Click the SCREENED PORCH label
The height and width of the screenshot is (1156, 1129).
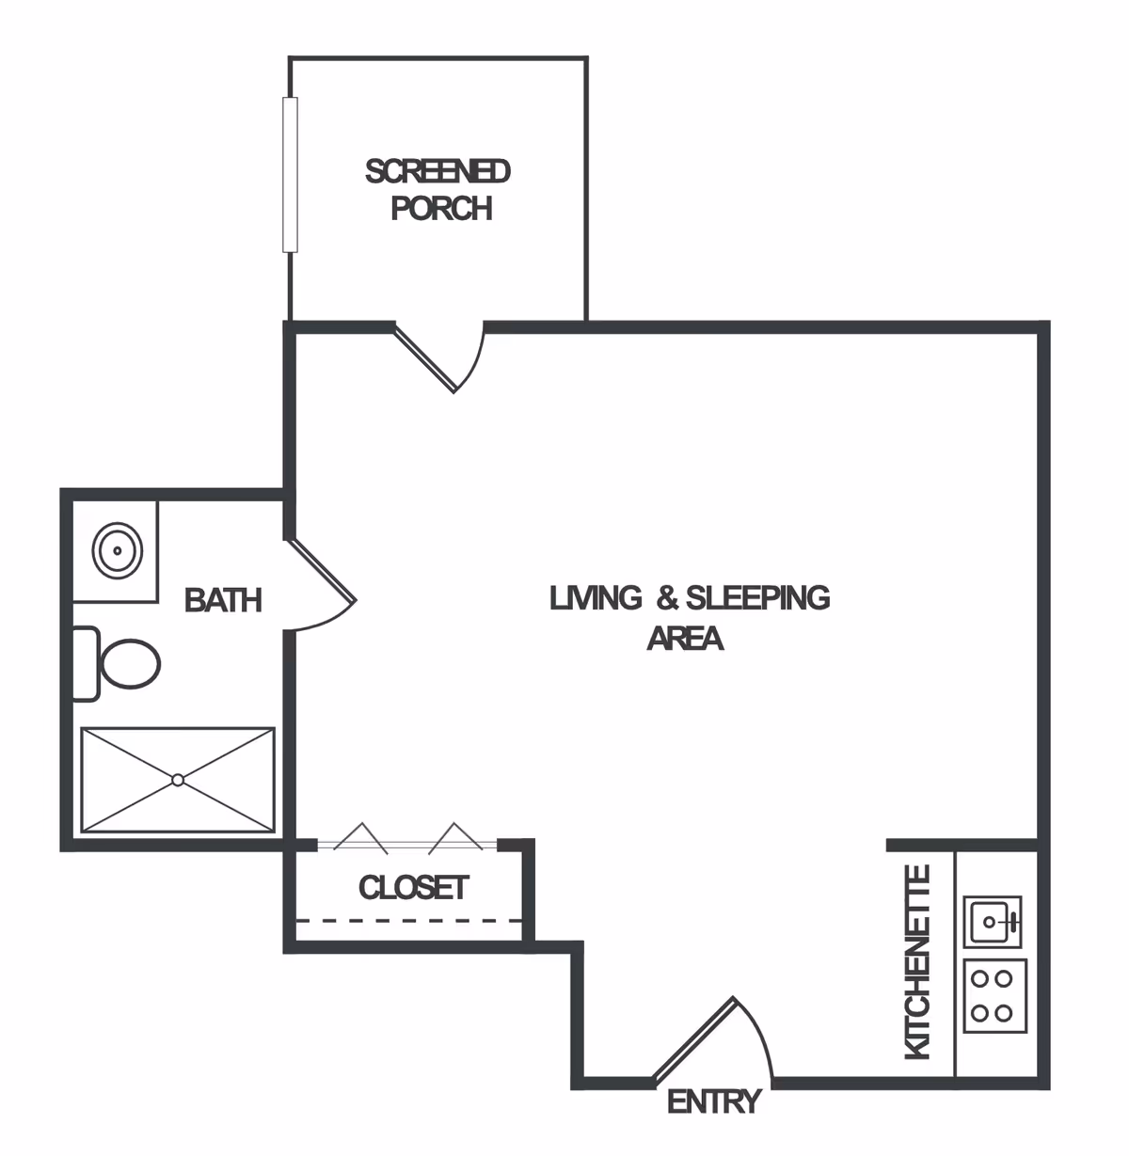(x=438, y=189)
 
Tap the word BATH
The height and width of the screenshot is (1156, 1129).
(x=223, y=600)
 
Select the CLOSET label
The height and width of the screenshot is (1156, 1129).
(x=413, y=887)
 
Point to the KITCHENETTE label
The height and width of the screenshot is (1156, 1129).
(x=917, y=961)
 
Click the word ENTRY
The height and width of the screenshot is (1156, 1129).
(x=713, y=1101)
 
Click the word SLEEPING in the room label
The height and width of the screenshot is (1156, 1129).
(x=757, y=597)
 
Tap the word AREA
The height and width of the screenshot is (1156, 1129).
(x=685, y=639)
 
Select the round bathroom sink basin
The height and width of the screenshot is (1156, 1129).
(x=118, y=550)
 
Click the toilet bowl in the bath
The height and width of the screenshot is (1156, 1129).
(x=131, y=664)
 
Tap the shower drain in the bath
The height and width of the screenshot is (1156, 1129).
(x=178, y=780)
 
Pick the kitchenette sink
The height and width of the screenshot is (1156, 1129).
(x=992, y=921)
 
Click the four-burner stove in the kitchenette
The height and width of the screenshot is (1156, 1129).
(x=993, y=996)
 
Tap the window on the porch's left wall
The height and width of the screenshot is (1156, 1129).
(x=290, y=174)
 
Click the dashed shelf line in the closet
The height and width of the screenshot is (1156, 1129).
(x=409, y=921)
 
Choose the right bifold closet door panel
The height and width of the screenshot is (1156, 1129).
(x=455, y=837)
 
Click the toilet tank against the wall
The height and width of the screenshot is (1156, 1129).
(x=85, y=664)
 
